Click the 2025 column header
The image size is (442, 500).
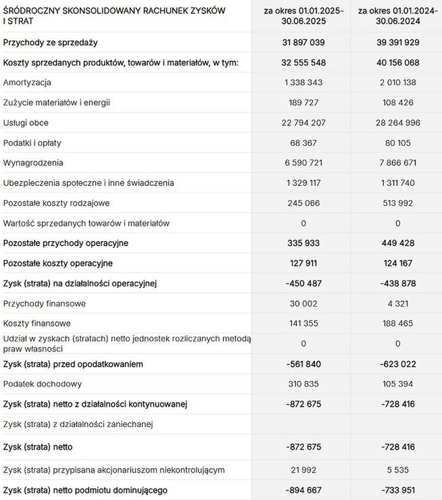[303, 16]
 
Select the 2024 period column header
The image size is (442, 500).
[397, 16]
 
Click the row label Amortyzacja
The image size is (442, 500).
[27, 82]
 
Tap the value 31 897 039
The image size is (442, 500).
[303, 43]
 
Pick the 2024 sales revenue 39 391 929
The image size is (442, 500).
[397, 43]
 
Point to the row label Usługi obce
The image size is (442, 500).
[26, 123]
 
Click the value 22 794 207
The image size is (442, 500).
[303, 123]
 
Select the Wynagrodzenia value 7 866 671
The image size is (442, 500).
[397, 163]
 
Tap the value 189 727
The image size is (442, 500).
[303, 103]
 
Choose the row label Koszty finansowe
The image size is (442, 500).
[37, 323]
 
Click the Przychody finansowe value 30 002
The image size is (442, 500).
[303, 303]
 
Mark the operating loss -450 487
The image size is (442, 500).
[303, 283]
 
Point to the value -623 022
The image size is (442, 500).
[397, 364]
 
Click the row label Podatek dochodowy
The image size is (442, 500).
[43, 384]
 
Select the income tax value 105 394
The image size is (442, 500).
[397, 384]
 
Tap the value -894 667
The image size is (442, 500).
[303, 490]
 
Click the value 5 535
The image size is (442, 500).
[397, 470]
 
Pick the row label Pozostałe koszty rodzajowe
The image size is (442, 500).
[56, 203]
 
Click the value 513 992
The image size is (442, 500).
[397, 203]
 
